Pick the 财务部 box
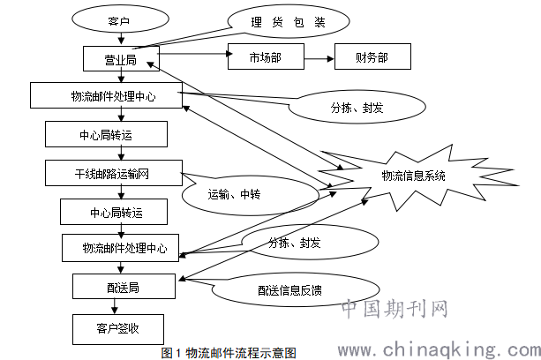click(371, 57)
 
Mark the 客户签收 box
click(117, 329)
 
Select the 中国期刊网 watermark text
click(394, 311)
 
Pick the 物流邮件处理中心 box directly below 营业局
click(105, 95)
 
